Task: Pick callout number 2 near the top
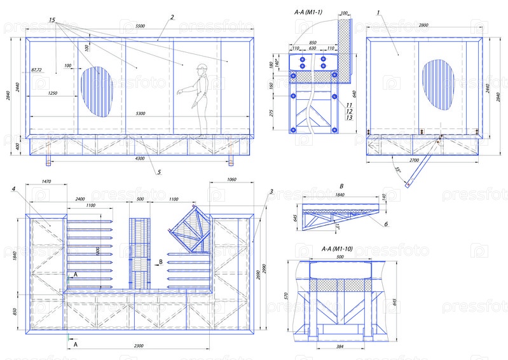[164, 17]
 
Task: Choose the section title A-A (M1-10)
[334, 248]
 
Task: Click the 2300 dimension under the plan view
[139, 346]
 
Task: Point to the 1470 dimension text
[45, 183]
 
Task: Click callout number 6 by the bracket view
[385, 224]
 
